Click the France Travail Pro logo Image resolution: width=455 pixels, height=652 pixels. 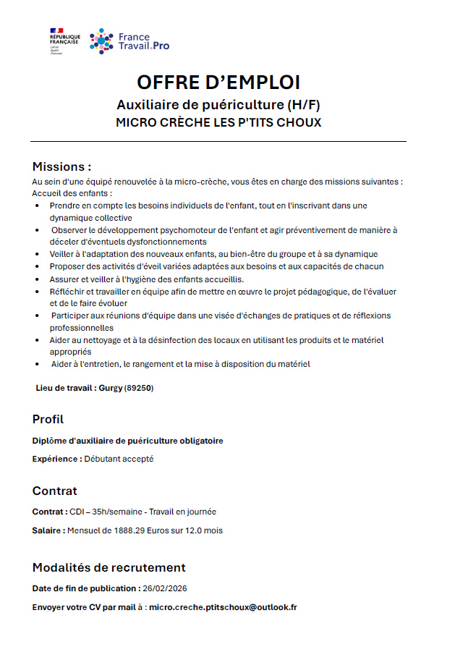tap(130, 41)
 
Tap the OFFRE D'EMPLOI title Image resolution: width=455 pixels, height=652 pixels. tap(218, 82)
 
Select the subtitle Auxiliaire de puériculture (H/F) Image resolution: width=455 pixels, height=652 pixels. tap(218, 104)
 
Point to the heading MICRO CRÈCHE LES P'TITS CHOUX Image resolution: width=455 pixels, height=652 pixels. tap(218, 122)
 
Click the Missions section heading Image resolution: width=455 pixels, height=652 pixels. tap(61, 166)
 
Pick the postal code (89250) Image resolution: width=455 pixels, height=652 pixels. tap(139, 388)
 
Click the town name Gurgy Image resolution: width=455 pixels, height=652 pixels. tap(111, 388)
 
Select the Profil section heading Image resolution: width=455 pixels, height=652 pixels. tap(48, 419)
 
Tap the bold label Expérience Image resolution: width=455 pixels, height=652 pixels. tap(57, 459)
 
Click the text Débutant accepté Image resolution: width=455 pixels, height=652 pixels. tap(119, 459)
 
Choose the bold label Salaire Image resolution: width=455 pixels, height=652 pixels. tap(48, 530)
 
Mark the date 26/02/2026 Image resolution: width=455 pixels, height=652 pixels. tap(165, 588)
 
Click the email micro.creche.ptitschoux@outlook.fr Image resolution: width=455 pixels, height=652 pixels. tap(223, 607)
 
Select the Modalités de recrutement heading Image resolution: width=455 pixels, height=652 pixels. tap(109, 567)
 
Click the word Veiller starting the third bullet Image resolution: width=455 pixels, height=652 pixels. tap(61, 254)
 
